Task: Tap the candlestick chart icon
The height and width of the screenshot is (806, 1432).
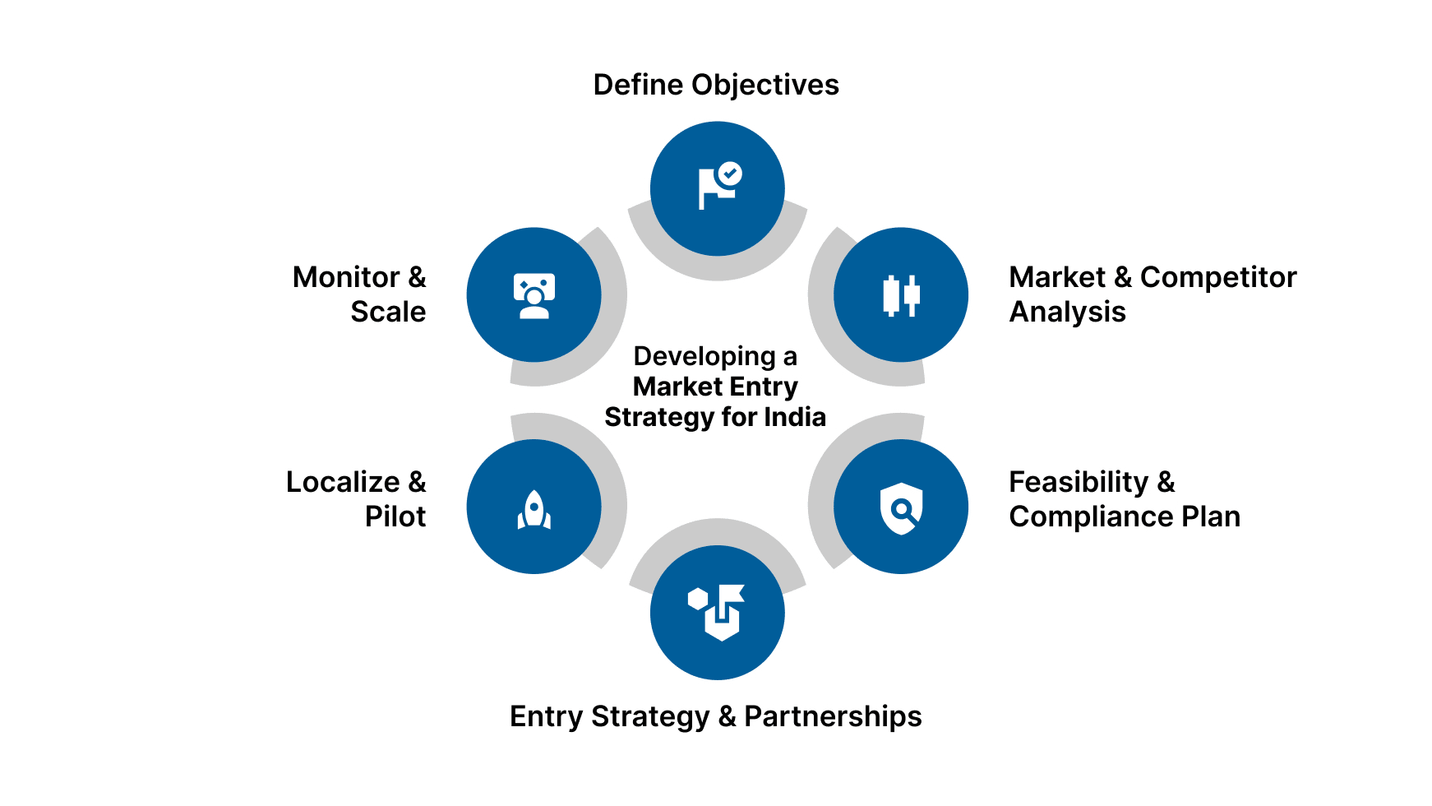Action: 901,295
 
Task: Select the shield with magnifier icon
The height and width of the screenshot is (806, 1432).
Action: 901,508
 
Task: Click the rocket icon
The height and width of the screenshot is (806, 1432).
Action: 534,509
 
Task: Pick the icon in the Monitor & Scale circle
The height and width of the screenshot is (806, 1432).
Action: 534,295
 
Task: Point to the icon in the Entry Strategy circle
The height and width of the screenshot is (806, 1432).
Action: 718,613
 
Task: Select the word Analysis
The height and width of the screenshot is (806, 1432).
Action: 1067,312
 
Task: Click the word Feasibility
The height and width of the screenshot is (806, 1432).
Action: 1078,482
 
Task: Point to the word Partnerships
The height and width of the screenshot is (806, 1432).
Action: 833,716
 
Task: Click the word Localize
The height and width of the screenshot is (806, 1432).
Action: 343,482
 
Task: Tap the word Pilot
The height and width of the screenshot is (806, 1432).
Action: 395,516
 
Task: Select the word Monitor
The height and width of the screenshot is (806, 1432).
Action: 346,277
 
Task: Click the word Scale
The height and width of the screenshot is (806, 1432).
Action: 388,312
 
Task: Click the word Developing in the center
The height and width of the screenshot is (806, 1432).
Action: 704,356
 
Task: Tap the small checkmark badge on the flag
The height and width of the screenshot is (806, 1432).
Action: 729,174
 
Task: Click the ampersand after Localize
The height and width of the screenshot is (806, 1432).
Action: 417,482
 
